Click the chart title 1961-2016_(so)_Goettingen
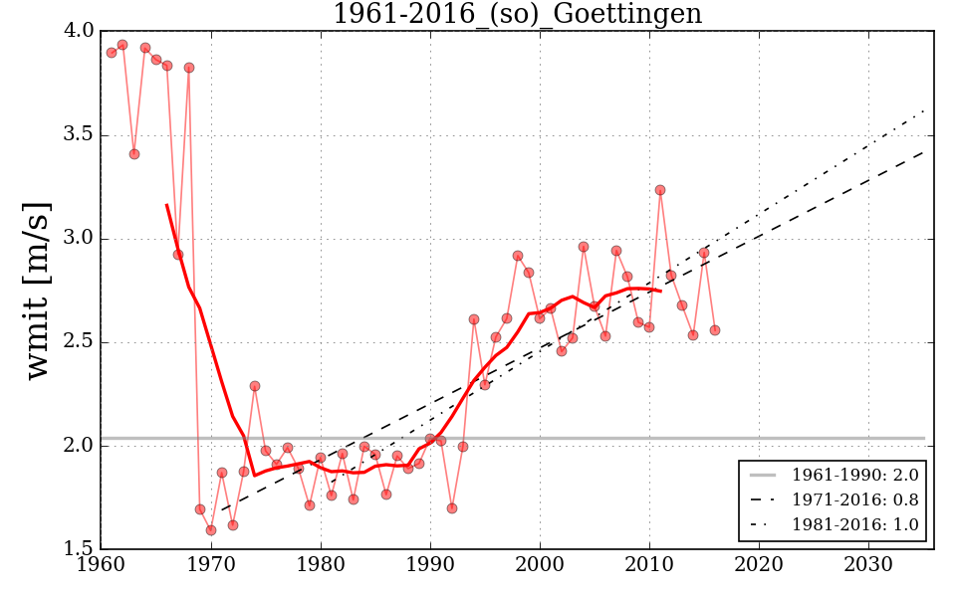tap(517, 15)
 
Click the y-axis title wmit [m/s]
tap(37, 290)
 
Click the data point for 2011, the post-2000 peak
tap(660, 190)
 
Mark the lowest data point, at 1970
tap(211, 530)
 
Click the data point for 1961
tap(112, 53)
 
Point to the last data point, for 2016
tap(715, 330)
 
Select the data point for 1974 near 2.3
tap(255, 386)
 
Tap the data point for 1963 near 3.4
tap(134, 154)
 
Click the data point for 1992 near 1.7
tap(452, 508)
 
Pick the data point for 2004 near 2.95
tap(584, 247)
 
